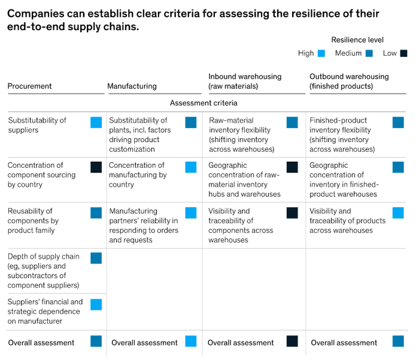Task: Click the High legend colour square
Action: pos(321,53)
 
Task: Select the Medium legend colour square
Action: pos(369,53)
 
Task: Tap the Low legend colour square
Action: pos(403,53)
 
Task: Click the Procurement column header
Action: pos(30,86)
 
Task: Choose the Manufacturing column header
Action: pos(132,86)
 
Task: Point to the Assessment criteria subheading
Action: pos(204,103)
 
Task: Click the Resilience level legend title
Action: pos(357,40)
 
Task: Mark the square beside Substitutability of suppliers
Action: pos(96,123)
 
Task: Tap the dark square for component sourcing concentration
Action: pos(96,167)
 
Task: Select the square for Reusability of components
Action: pos(96,213)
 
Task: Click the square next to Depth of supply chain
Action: pos(96,258)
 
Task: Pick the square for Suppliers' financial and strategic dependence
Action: pos(96,304)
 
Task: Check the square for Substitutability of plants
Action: pos(191,123)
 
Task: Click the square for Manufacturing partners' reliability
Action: pos(191,213)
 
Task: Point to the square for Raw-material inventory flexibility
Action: pos(292,123)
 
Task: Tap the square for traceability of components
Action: pos(292,213)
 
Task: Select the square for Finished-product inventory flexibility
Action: pos(398,123)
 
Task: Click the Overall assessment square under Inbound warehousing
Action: pos(292,341)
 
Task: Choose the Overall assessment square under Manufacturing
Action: pos(191,341)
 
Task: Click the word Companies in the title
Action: pos(36,14)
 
